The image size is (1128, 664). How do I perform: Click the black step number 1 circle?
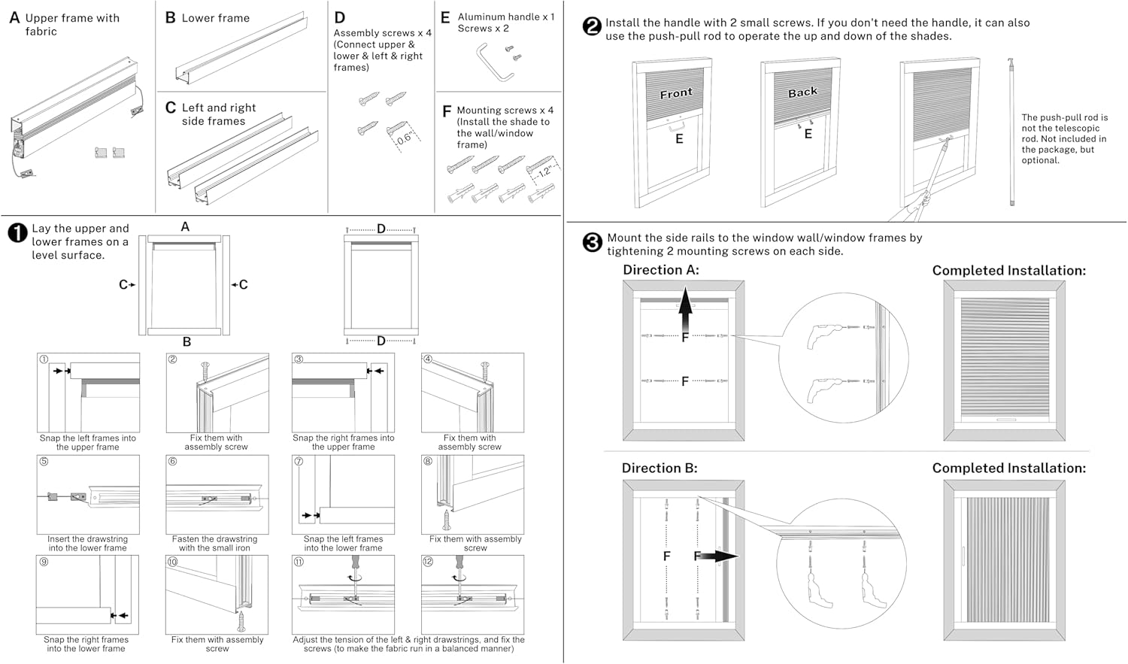[x=17, y=233]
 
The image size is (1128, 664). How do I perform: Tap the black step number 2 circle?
[x=592, y=26]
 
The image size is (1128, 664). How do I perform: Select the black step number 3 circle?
[x=593, y=242]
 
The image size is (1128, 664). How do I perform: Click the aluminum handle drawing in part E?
[x=494, y=61]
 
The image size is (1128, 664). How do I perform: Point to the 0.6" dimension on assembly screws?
[x=404, y=138]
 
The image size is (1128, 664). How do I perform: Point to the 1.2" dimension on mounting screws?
[x=545, y=171]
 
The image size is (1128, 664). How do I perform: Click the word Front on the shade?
[x=675, y=93]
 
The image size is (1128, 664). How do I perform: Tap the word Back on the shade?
[x=802, y=92]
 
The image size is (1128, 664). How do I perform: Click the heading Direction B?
[x=660, y=468]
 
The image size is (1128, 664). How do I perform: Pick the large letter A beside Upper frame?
[x=14, y=17]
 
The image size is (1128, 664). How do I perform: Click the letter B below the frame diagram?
[x=186, y=342]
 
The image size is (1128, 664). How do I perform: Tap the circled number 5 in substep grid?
[x=44, y=462]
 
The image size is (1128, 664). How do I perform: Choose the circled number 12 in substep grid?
[x=428, y=562]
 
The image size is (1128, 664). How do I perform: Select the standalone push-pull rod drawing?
[x=1011, y=132]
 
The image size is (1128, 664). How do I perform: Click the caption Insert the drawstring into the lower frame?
[x=88, y=544]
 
